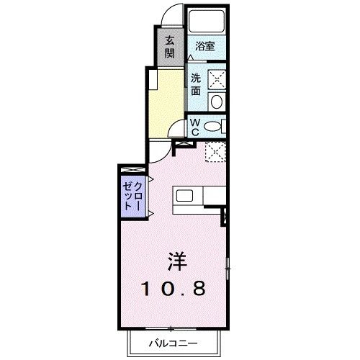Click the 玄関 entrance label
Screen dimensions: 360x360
point(169,47)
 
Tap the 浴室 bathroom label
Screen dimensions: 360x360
point(205,46)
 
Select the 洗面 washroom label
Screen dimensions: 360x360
point(197,82)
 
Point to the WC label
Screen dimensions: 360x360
point(194,127)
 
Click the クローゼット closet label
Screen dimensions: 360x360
point(133,193)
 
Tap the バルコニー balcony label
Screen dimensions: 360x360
point(173,343)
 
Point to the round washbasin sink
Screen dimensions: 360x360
point(217,101)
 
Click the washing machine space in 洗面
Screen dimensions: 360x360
point(217,78)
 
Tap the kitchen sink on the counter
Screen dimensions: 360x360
point(184,195)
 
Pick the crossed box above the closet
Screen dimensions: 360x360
point(134,168)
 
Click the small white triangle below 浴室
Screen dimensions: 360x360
point(190,57)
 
